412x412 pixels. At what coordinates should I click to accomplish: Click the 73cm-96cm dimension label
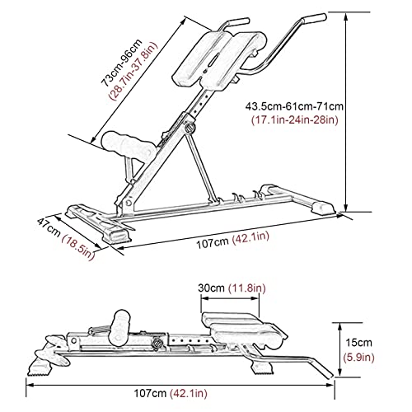[122, 63]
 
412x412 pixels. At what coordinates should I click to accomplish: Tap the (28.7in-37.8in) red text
[134, 71]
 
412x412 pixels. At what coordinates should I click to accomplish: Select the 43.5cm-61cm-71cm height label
[294, 106]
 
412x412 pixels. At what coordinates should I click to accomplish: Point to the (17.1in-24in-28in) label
[295, 120]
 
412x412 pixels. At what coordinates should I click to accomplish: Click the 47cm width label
[49, 227]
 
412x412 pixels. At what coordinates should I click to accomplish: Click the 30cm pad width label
[211, 288]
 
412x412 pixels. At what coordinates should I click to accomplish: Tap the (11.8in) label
[246, 288]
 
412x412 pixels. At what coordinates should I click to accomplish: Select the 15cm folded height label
[358, 343]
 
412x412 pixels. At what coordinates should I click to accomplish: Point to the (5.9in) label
[359, 358]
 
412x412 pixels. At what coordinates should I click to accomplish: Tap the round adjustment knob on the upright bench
[190, 128]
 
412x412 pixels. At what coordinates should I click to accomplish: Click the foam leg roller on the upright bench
[128, 147]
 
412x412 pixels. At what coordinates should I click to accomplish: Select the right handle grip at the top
[314, 18]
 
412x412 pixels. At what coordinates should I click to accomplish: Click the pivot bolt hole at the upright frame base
[129, 203]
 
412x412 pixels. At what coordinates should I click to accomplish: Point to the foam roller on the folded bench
[120, 329]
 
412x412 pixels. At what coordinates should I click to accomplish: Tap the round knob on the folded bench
[157, 344]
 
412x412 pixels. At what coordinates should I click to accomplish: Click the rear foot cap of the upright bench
[324, 208]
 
